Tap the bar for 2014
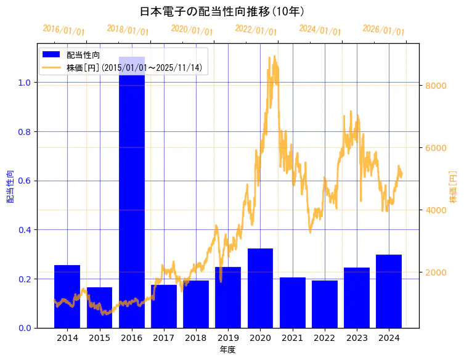click(67, 297)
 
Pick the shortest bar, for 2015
click(99, 308)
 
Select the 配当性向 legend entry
click(83, 55)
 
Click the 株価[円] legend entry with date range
click(134, 67)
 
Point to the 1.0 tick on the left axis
click(25, 83)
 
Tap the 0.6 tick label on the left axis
click(25, 181)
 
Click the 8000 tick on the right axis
click(436, 85)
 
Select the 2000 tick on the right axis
click(436, 272)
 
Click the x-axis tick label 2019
click(228, 338)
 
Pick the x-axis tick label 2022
click(324, 338)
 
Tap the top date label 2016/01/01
click(63, 30)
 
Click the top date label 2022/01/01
click(256, 30)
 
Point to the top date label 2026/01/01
click(383, 30)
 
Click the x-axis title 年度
click(228, 350)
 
